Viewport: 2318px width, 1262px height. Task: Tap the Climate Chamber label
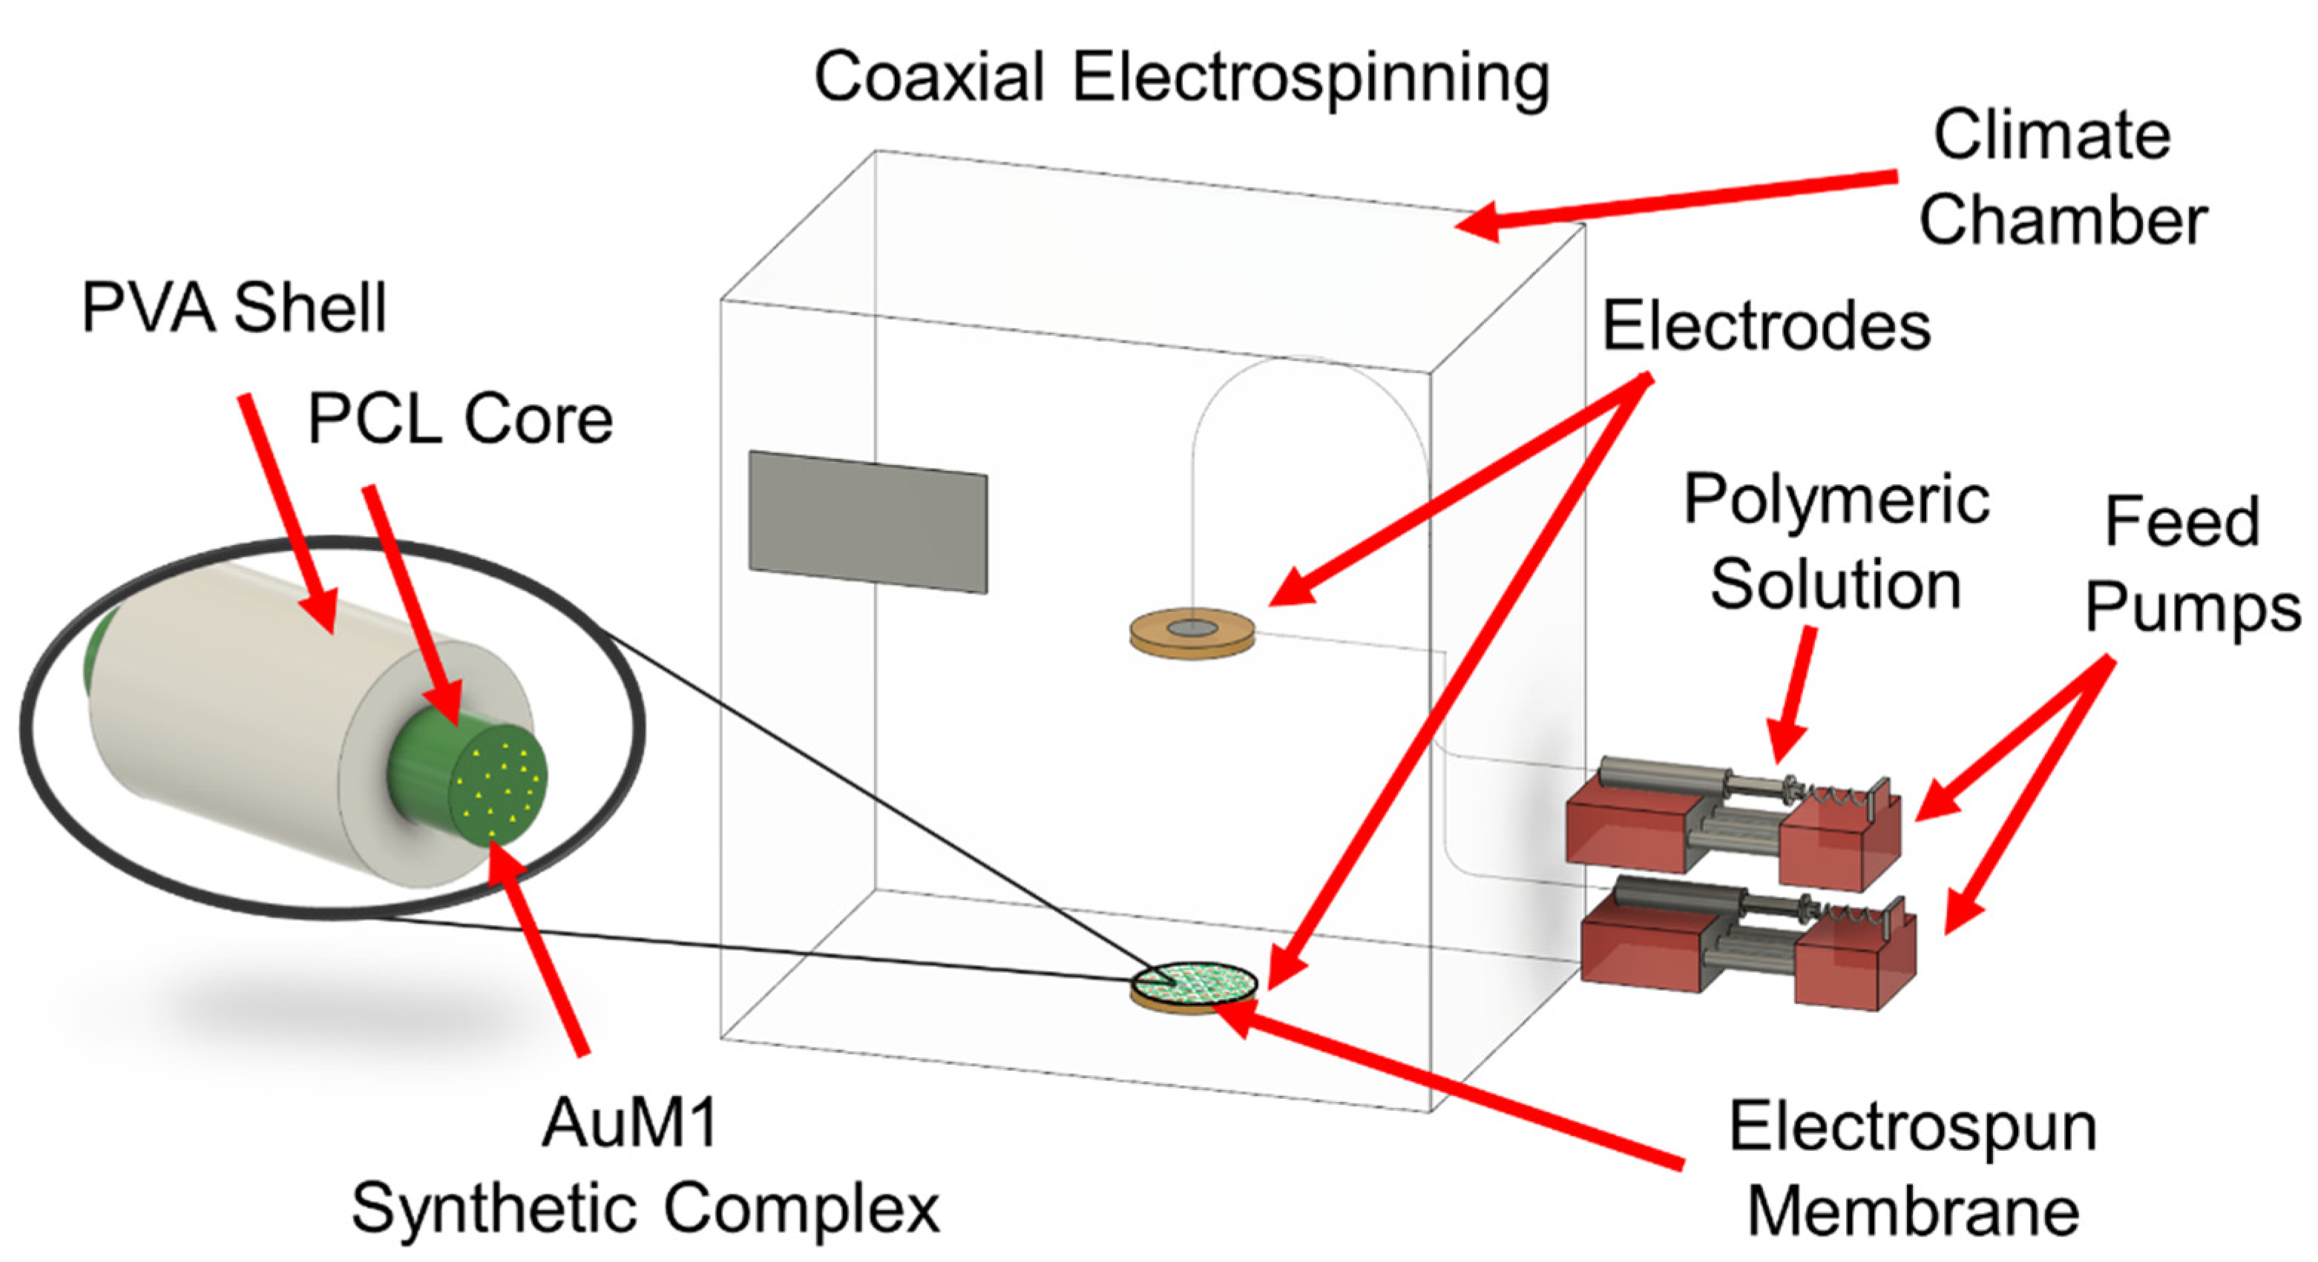[2063, 178]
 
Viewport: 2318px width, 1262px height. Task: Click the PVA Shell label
[234, 308]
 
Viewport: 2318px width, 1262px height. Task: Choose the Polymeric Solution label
[1836, 544]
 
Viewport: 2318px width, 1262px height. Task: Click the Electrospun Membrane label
[1913, 1170]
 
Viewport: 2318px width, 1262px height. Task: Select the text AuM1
[630, 1124]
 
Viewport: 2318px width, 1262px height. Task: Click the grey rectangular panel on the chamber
[868, 523]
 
